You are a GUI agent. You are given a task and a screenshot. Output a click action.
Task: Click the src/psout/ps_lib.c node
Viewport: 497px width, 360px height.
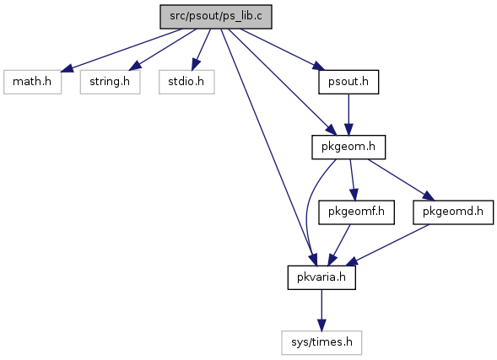coord(216,17)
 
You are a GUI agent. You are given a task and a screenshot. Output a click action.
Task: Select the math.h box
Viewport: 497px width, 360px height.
coord(32,82)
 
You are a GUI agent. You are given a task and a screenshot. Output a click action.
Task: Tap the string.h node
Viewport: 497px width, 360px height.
coord(110,82)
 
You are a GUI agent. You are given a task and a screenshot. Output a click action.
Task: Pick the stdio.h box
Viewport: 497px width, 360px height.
coord(186,82)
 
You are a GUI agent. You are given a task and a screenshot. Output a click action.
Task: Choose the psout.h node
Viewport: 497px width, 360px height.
coord(348,82)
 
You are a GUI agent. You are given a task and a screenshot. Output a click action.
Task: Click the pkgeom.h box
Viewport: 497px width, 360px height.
coord(348,148)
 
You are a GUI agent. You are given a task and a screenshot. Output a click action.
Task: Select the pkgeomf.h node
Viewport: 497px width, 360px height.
coord(357,212)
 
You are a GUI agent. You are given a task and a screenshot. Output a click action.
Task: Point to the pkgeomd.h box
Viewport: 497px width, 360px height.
coord(453,212)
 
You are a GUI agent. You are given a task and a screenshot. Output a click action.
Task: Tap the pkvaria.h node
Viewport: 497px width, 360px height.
coord(321,277)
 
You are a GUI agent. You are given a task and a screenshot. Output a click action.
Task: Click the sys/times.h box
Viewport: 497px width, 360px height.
coord(321,343)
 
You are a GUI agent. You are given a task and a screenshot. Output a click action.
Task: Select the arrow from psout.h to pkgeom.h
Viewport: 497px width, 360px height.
coord(348,115)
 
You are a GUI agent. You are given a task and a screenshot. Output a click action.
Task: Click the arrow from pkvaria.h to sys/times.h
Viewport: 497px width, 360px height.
coord(321,310)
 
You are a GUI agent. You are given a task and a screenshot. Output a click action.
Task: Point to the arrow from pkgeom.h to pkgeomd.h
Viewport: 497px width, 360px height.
coord(402,180)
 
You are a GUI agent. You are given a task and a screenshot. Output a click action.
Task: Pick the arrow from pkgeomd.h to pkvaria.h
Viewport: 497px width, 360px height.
coord(387,245)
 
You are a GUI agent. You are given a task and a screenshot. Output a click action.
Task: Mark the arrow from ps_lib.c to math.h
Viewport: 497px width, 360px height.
coord(122,50)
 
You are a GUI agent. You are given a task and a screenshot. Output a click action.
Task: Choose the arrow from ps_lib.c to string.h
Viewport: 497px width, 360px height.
coord(163,50)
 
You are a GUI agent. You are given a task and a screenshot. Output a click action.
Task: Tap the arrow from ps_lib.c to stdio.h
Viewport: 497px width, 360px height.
coord(201,50)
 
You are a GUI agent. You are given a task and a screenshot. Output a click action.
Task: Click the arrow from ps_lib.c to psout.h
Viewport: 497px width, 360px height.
coord(283,50)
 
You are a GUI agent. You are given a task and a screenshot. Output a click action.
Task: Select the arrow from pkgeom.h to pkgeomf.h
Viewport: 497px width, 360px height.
coord(353,180)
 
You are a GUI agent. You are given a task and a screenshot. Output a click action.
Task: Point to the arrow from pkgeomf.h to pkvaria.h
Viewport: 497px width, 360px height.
coord(339,245)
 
